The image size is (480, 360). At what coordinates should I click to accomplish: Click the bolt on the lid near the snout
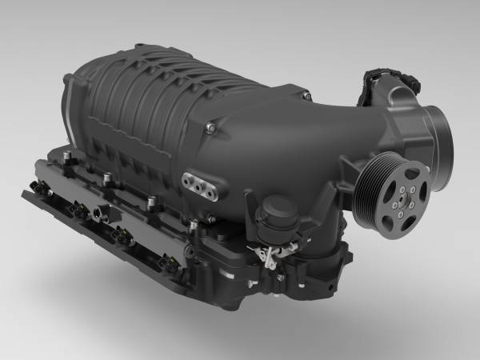tap(210, 126)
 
